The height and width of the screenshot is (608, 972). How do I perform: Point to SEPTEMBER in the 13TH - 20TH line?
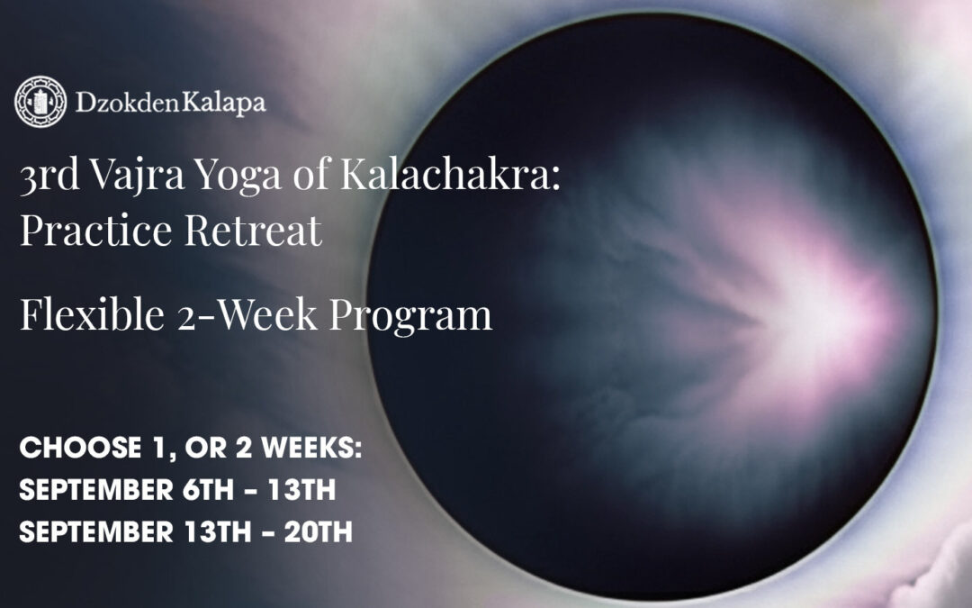[94, 531]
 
